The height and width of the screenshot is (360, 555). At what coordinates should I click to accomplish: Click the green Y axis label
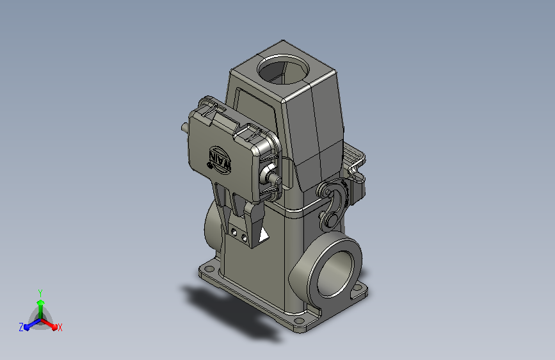(x=40, y=293)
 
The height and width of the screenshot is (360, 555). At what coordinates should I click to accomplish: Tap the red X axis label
(x=60, y=327)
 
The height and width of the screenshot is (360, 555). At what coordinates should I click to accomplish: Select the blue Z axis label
(x=21, y=327)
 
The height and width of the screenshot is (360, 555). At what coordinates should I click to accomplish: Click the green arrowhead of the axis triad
(x=41, y=302)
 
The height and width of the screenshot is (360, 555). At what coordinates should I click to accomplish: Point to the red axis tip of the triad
(x=54, y=327)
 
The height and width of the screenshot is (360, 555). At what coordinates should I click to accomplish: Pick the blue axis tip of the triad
(x=27, y=327)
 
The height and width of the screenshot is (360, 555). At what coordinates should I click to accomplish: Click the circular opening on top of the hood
(x=283, y=69)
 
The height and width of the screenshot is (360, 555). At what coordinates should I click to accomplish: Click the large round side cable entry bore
(x=335, y=273)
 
